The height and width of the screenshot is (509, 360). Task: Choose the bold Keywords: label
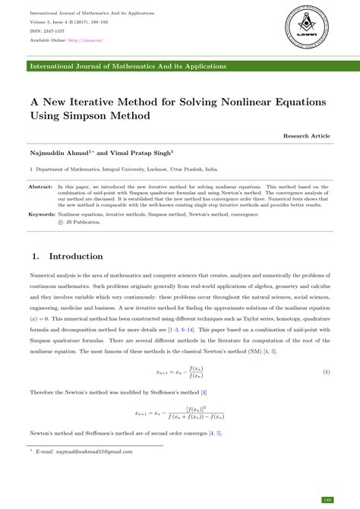(42, 215)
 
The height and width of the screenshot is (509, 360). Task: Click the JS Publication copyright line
(81, 223)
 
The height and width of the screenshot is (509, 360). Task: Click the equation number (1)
(326, 373)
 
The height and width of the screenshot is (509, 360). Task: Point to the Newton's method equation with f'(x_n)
(179, 373)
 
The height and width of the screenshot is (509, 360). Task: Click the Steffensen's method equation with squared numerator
(179, 415)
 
